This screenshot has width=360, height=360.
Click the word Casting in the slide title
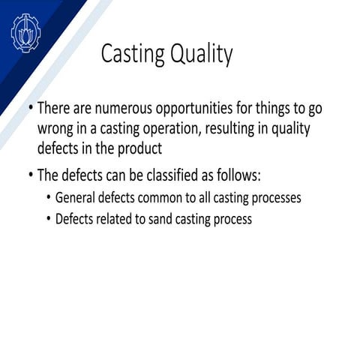[x=127, y=55]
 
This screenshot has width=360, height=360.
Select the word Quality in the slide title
[x=197, y=55]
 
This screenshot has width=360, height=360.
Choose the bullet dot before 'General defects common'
[x=49, y=199]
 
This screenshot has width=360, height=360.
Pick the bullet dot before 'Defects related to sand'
[x=49, y=220]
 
